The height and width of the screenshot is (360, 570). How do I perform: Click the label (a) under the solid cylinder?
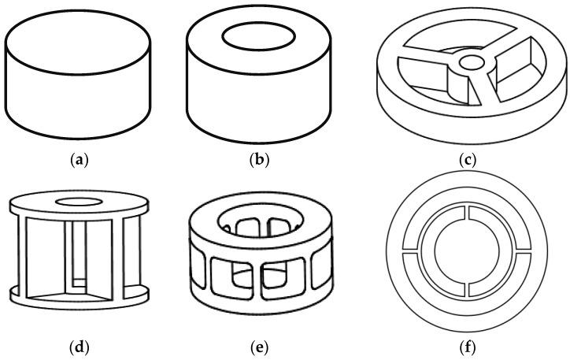[x=79, y=160]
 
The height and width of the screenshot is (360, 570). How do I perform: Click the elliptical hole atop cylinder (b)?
[x=258, y=35]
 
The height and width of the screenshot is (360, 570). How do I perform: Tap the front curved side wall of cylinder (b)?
[x=258, y=98]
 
